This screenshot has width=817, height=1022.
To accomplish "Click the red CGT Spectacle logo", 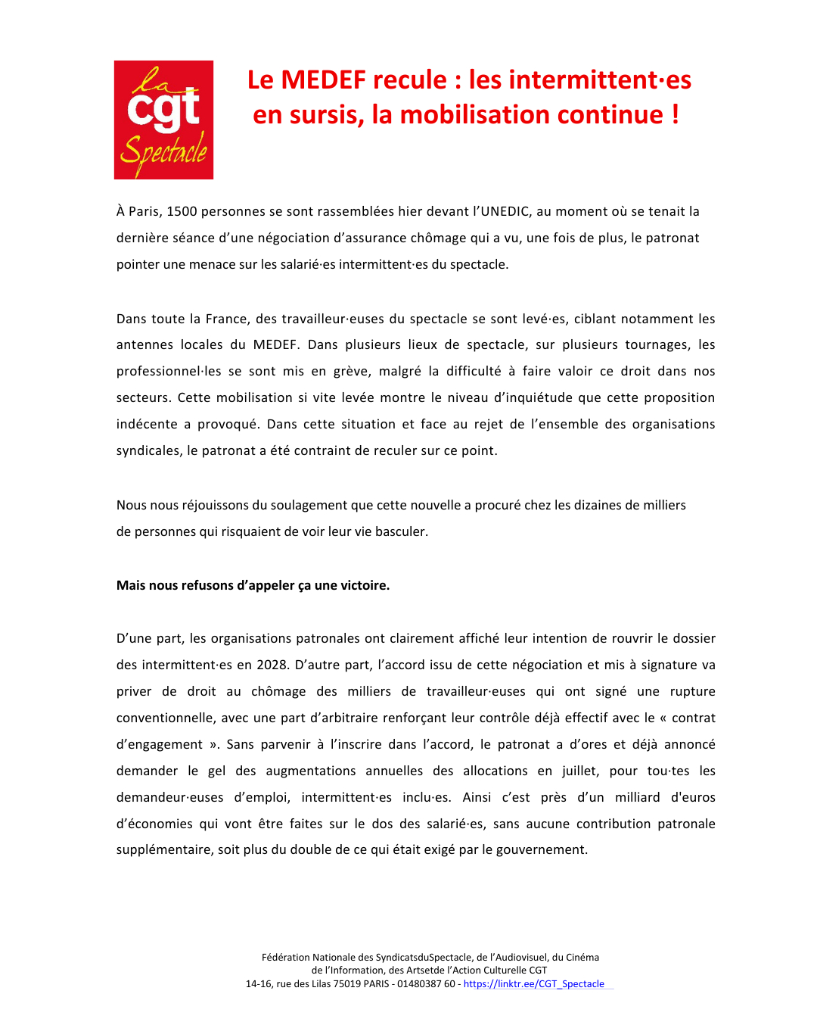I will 163,120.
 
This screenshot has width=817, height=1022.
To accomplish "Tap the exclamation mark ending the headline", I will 675,115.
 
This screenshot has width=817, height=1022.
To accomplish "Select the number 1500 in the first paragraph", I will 182,211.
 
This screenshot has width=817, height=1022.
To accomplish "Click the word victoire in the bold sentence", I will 365,585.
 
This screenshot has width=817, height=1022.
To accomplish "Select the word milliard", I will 637,797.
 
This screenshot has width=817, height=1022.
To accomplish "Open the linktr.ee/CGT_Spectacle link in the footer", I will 533,983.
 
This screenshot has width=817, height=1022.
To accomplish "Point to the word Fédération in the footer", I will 285,957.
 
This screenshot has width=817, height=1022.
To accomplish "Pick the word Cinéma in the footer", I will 582,957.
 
